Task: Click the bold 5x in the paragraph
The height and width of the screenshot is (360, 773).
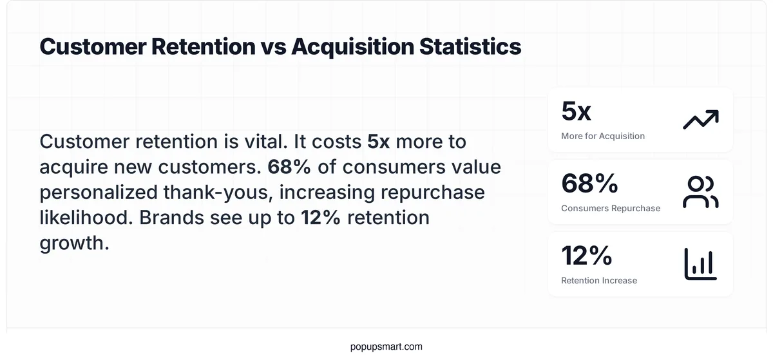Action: (379, 142)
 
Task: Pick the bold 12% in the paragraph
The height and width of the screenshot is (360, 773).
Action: (320, 218)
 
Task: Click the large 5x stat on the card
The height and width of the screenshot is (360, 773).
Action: (576, 111)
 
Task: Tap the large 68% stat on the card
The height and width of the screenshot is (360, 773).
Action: (589, 184)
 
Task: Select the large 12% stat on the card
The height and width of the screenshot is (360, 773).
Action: (586, 256)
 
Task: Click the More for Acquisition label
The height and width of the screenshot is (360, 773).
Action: (602, 136)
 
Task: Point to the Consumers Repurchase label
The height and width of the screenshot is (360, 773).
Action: (610, 208)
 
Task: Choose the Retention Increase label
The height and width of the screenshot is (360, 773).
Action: (598, 280)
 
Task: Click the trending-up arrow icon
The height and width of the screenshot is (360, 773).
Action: (700, 120)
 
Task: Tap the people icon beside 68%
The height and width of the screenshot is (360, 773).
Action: (700, 192)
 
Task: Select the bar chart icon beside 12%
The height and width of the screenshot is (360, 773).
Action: (700, 264)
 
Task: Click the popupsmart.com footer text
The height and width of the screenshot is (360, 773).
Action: (386, 346)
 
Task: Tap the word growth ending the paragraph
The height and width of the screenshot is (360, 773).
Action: (73, 243)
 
